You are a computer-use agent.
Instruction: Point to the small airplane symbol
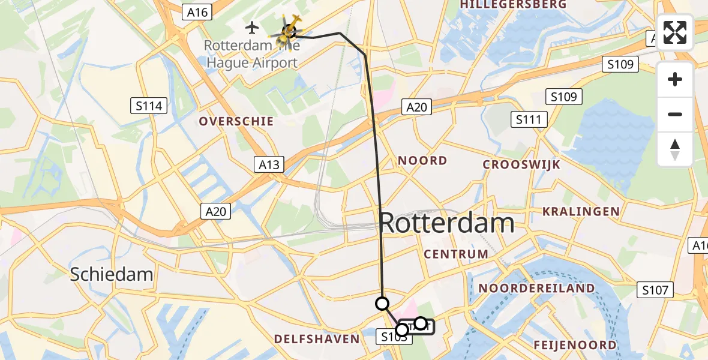click(x=252, y=28)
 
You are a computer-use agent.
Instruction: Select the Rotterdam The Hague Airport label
click(x=251, y=54)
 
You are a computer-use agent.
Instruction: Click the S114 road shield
click(x=148, y=107)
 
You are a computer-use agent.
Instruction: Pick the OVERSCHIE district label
click(x=236, y=122)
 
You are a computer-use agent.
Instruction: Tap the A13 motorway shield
click(x=269, y=164)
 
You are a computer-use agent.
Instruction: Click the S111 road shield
click(x=529, y=120)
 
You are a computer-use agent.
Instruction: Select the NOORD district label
click(x=423, y=161)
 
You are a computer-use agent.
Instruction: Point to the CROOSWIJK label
click(x=521, y=164)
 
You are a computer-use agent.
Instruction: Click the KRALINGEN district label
click(x=581, y=211)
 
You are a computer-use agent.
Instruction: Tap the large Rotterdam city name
click(x=447, y=224)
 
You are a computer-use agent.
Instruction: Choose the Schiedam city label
click(x=112, y=275)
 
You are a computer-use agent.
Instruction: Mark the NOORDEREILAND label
click(x=536, y=289)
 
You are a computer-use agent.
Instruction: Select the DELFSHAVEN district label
click(x=316, y=340)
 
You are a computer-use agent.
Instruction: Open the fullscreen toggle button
click(x=675, y=32)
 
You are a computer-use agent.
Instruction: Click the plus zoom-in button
click(x=675, y=79)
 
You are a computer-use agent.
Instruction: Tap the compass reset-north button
click(x=675, y=149)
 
